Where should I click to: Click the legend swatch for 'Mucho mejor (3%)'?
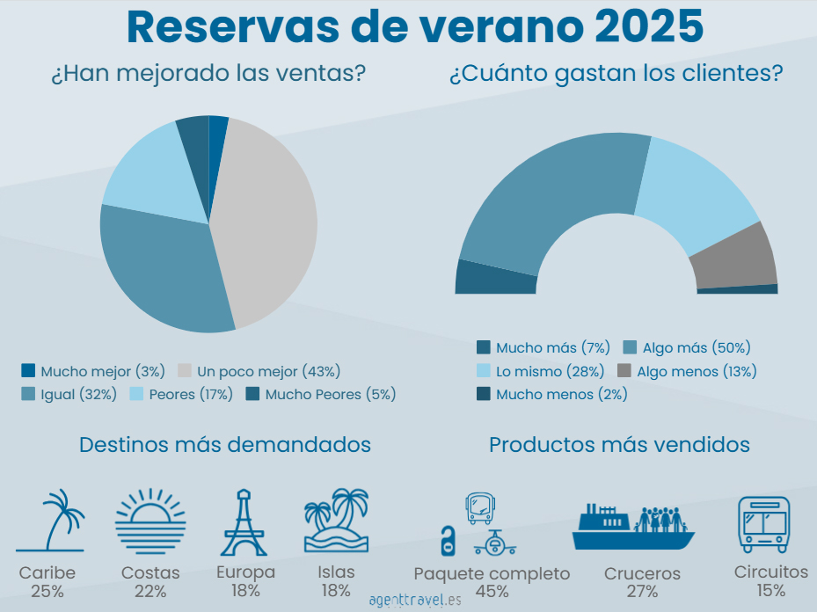coord(28,371)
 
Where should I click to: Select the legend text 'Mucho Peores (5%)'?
coord(331,394)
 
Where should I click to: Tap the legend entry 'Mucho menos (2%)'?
coord(561,394)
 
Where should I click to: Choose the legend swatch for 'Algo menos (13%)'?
coord(625,371)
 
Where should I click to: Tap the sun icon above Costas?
coord(150,521)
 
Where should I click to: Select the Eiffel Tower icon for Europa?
coord(244,522)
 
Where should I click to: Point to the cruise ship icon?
coord(633,528)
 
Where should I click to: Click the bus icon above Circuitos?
coord(763,524)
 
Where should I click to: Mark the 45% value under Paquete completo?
coord(492,592)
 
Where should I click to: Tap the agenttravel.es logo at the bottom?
coord(415,601)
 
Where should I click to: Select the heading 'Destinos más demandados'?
coord(225,444)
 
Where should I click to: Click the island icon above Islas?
coord(336,521)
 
